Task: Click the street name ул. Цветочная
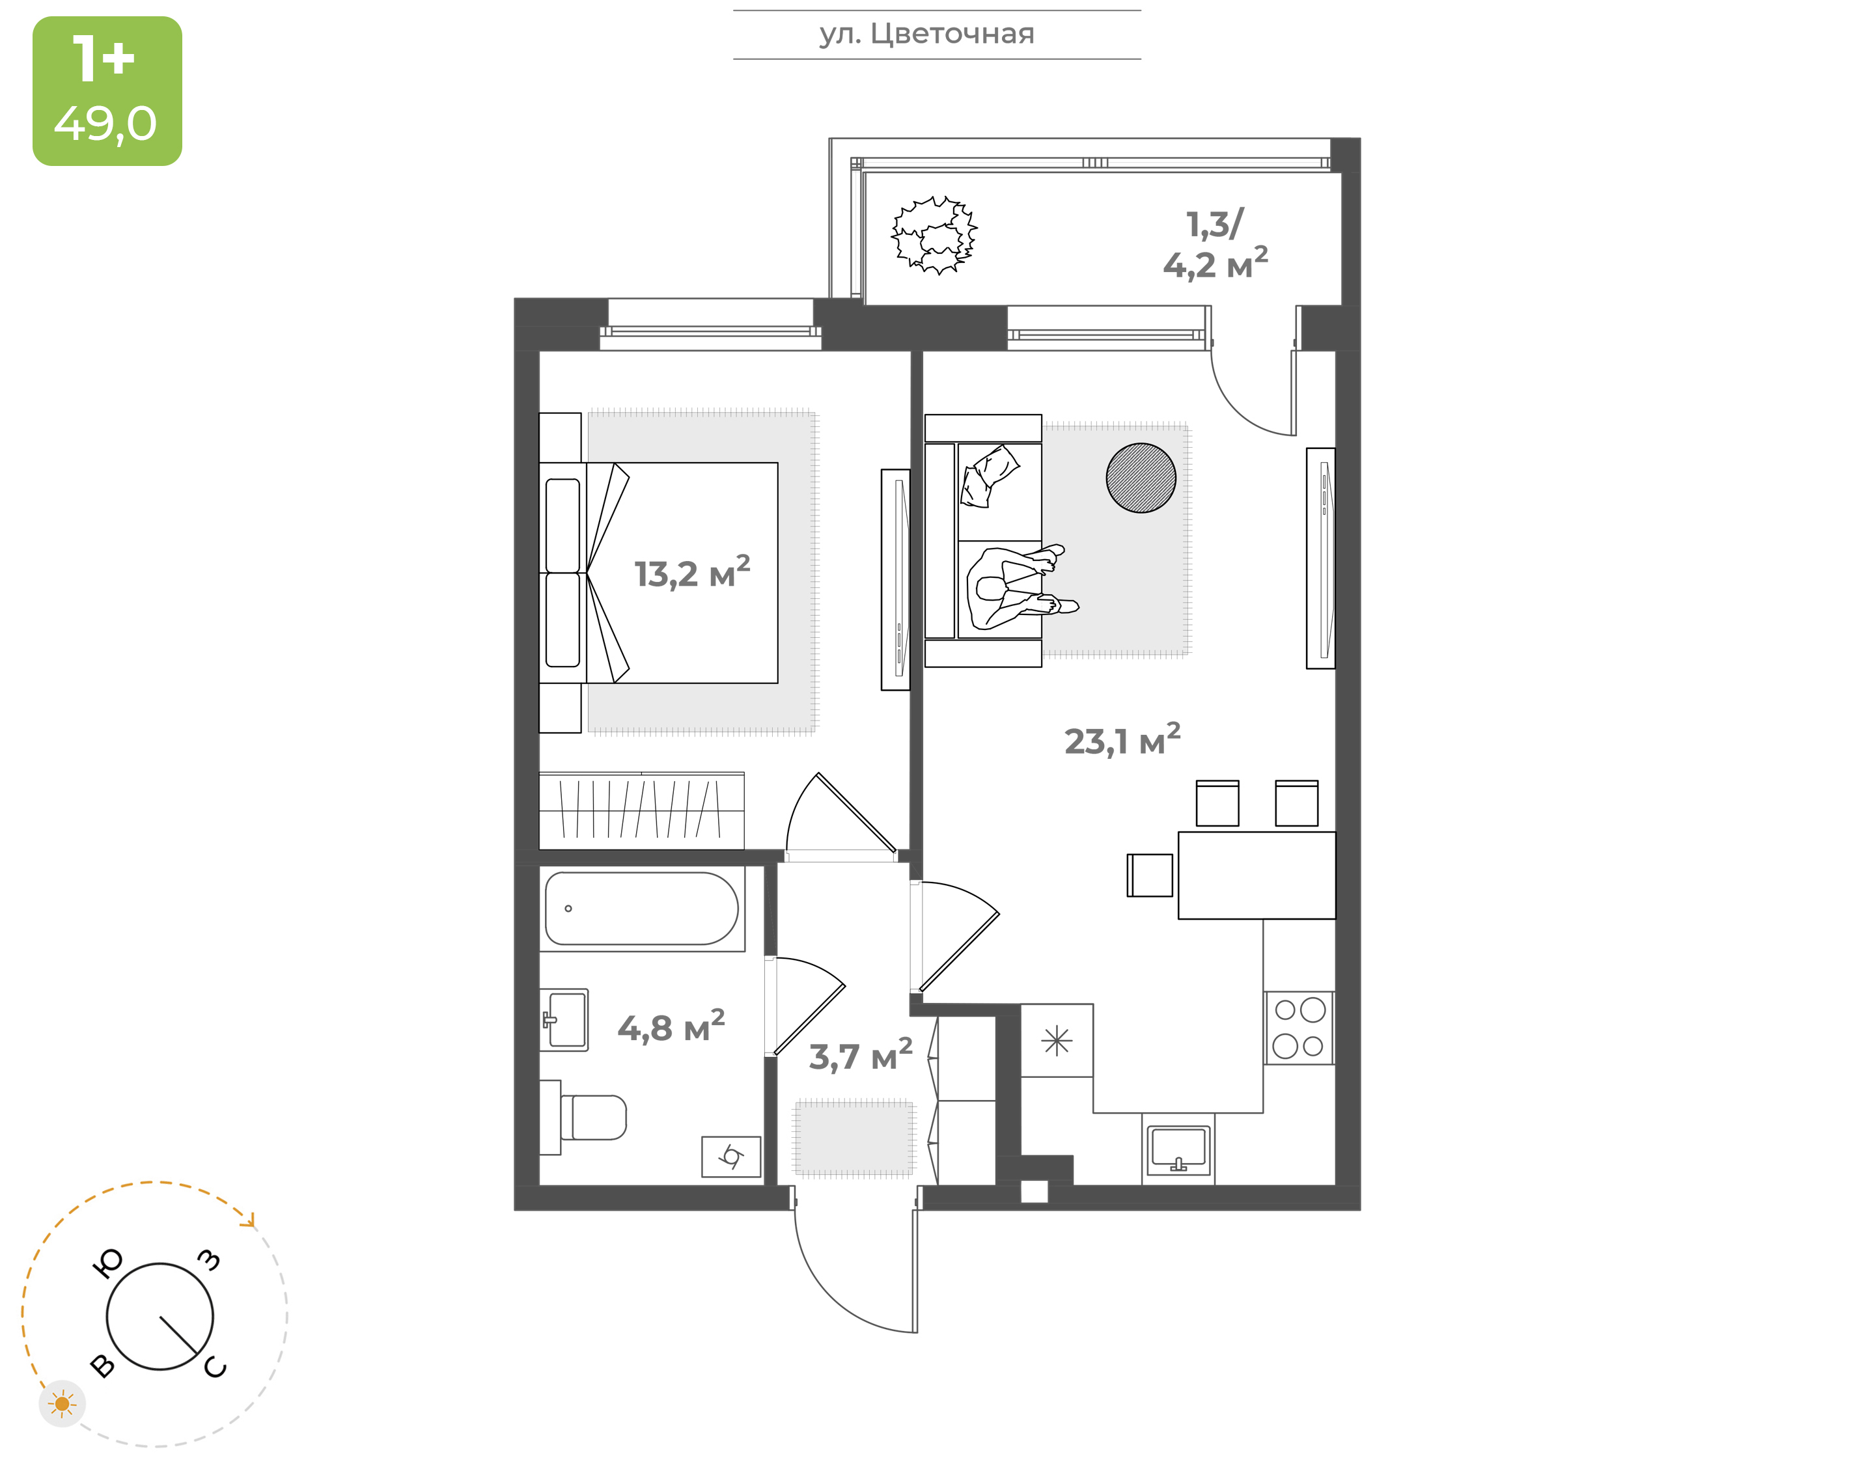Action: (926, 34)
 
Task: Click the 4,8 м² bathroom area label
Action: (671, 1026)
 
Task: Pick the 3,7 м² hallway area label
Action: (861, 1055)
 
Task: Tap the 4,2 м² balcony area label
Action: (1215, 264)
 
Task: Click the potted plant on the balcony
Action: (934, 235)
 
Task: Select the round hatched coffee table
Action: (1141, 478)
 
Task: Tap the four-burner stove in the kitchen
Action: (1299, 1028)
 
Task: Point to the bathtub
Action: (642, 909)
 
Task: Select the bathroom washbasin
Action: (564, 1020)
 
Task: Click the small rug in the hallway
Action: (854, 1138)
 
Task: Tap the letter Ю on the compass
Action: (107, 1263)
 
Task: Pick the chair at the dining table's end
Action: (1150, 875)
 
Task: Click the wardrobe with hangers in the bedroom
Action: (642, 806)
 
